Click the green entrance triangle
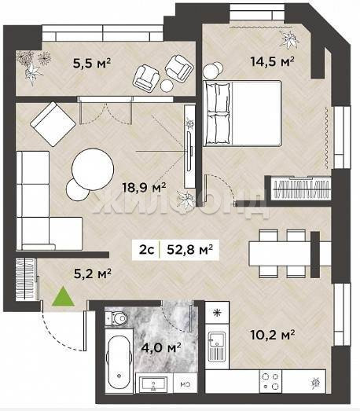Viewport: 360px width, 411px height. [x=63, y=297]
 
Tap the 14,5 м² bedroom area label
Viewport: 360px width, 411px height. [x=273, y=61]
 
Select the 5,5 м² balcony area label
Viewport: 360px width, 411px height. [x=92, y=63]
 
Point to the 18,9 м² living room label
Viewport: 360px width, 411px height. [x=144, y=187]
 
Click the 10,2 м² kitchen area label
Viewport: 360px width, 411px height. [x=273, y=335]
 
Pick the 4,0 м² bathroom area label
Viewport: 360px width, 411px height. [x=161, y=347]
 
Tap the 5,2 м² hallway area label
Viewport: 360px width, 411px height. [x=93, y=273]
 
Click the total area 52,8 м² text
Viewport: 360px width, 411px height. [x=189, y=250]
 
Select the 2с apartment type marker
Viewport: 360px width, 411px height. [x=146, y=250]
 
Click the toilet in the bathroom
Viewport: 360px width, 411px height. [x=116, y=318]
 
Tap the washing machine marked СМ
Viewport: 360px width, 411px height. [x=186, y=383]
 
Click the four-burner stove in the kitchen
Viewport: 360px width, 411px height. [x=270, y=381]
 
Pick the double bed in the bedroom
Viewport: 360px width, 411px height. [x=243, y=113]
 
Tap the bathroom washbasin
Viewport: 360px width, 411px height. [x=154, y=383]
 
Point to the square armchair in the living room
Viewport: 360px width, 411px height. [x=53, y=124]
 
